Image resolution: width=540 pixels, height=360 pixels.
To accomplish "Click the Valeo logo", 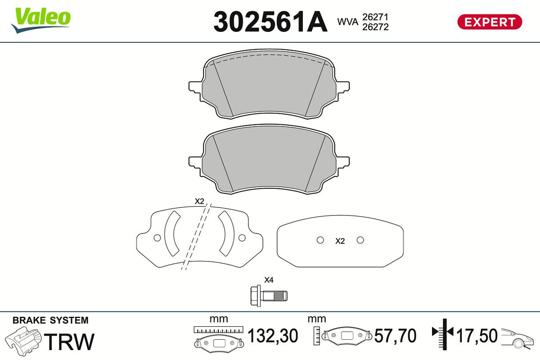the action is pyautogui.click(x=41, y=20).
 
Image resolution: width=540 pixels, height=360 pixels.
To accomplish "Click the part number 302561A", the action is pyautogui.click(x=270, y=22).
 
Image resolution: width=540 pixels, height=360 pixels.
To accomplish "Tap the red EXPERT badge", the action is pyautogui.click(x=490, y=22).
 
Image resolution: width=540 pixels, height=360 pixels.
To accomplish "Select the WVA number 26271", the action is pyautogui.click(x=375, y=17).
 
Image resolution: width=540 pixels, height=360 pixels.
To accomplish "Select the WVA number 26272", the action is pyautogui.click(x=375, y=27).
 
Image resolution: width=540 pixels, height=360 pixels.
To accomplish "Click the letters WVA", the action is pyautogui.click(x=348, y=22).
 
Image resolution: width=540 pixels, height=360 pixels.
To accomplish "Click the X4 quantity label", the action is pyautogui.click(x=269, y=280).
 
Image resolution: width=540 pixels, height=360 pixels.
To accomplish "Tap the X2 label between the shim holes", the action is pyautogui.click(x=340, y=241).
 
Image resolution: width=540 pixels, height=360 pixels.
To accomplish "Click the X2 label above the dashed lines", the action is pyautogui.click(x=199, y=201).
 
